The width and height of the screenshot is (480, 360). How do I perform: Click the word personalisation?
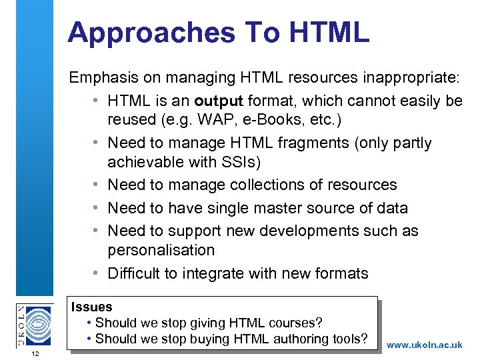pyautogui.click(x=161, y=250)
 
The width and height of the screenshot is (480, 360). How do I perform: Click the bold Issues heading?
pyautogui.click(x=92, y=307)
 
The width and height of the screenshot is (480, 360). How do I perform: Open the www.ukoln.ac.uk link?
pyautogui.click(x=424, y=345)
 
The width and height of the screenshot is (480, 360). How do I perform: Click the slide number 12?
pyautogui.click(x=35, y=353)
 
